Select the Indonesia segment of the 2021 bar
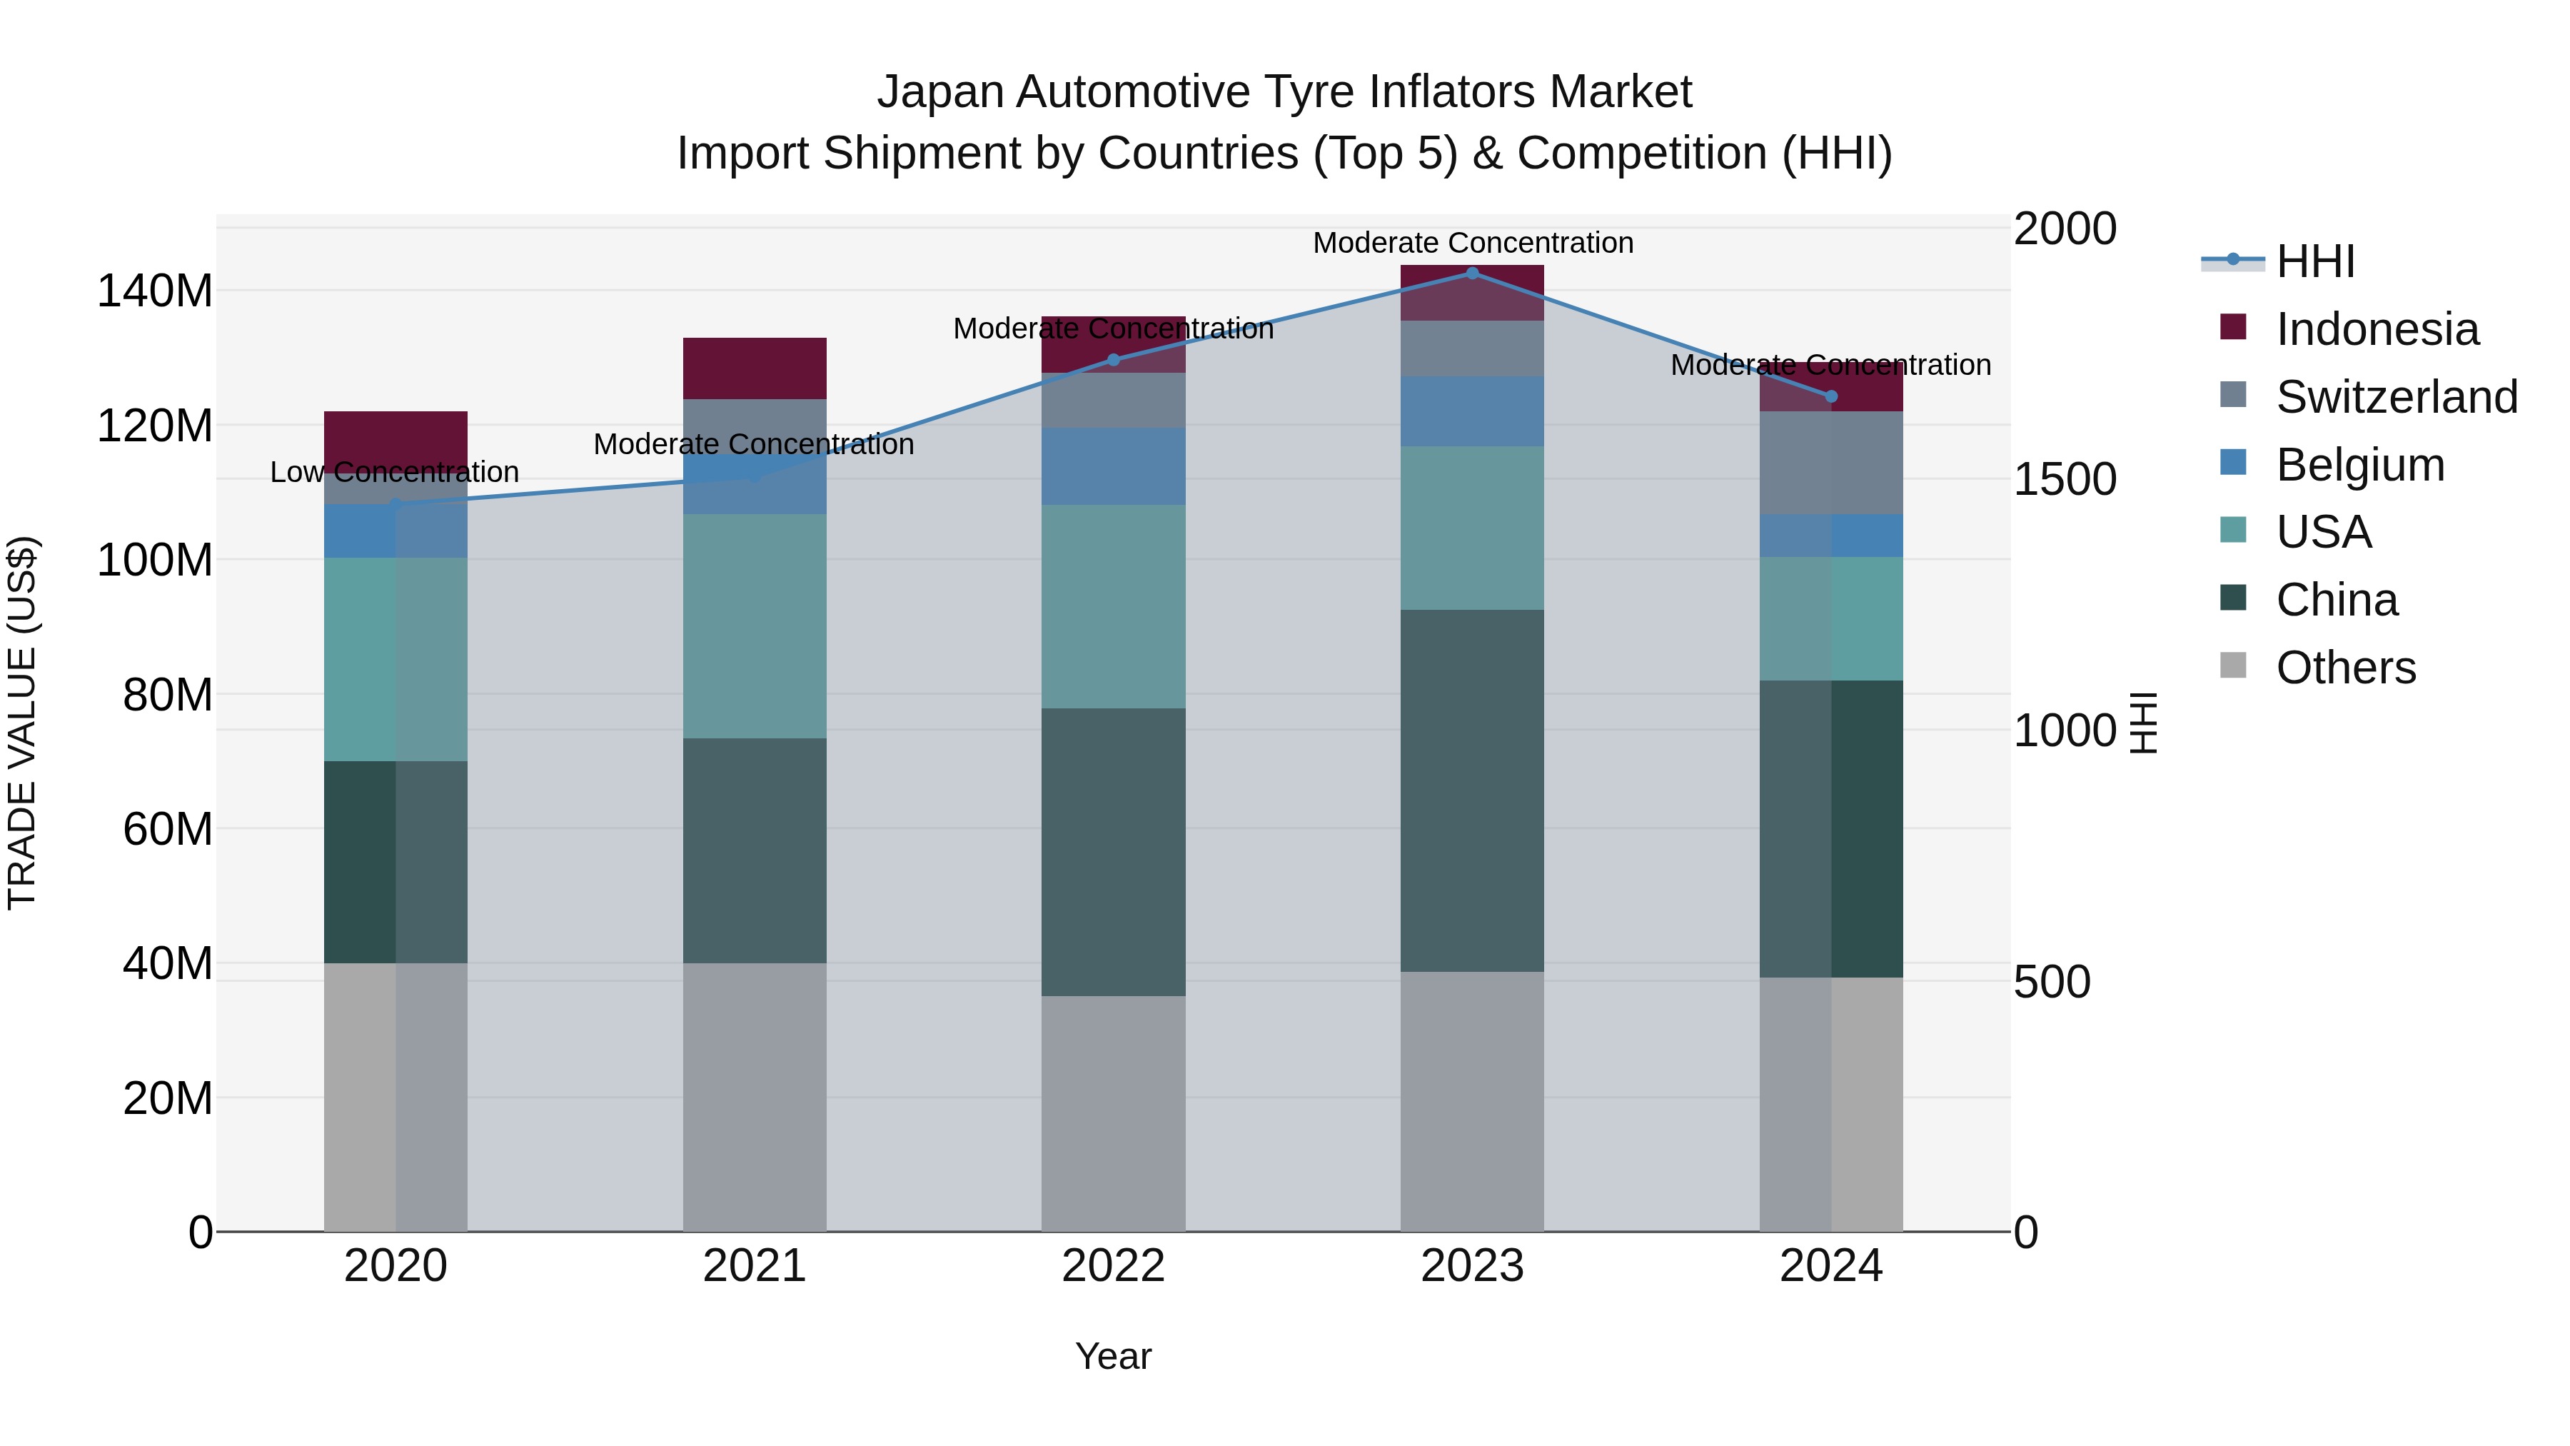coord(755,368)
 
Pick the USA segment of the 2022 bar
coord(1114,607)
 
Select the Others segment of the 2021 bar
coord(755,1097)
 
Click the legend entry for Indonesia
coord(2377,329)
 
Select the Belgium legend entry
coord(2359,465)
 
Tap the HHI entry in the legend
coord(2314,261)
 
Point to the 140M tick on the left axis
coord(155,291)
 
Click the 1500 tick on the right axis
coord(2064,480)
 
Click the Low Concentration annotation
coord(394,472)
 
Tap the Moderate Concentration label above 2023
coord(1473,243)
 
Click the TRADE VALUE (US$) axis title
coord(22,723)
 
